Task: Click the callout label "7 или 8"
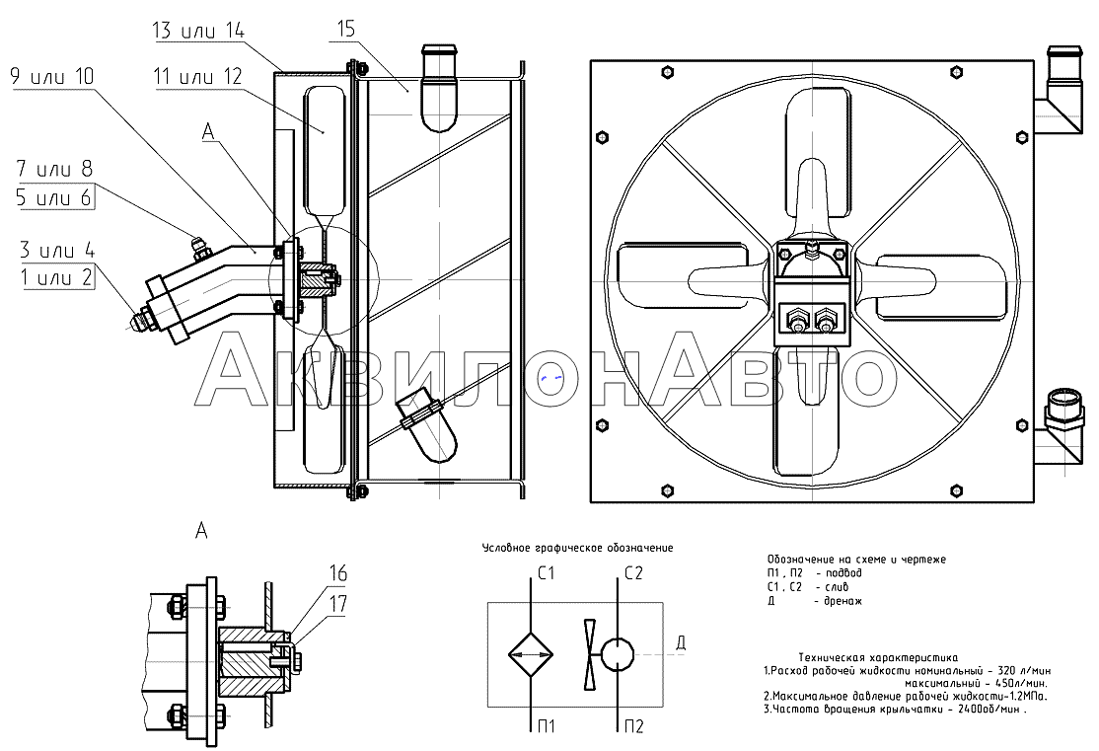tap(55, 171)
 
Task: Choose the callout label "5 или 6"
tap(55, 197)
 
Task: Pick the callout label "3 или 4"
tap(55, 250)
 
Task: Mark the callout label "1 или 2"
tap(55, 276)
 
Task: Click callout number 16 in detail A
tap(337, 573)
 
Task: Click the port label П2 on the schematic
tap(634, 727)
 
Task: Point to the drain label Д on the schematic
tap(680, 644)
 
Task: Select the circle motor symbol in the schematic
tap(619, 653)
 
